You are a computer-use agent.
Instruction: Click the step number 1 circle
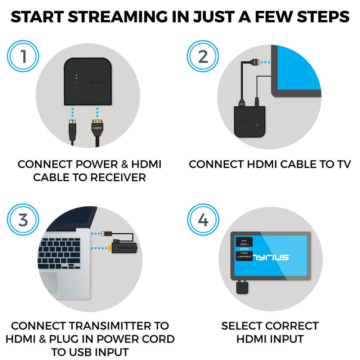pos(23,57)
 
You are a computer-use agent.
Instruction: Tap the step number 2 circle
pos(203,57)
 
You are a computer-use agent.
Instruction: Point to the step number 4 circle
pos(203,220)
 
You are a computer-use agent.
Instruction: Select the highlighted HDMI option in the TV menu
pos(244,249)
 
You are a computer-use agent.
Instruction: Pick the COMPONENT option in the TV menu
pos(244,257)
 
